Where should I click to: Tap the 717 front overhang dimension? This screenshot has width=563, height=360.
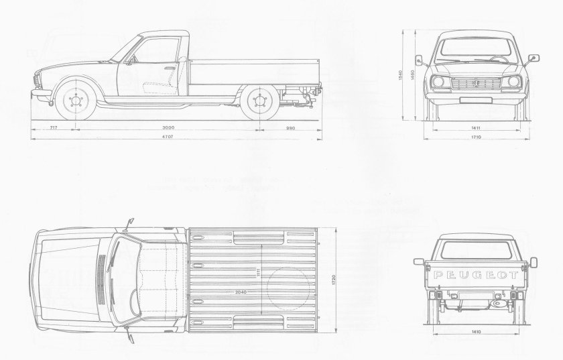(x=52, y=127)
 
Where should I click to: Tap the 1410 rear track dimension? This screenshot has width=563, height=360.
(x=476, y=331)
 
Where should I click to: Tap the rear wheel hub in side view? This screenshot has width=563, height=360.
(x=259, y=103)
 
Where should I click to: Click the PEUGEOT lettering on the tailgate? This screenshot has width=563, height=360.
(x=476, y=275)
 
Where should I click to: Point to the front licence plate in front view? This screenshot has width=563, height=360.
(x=477, y=100)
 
